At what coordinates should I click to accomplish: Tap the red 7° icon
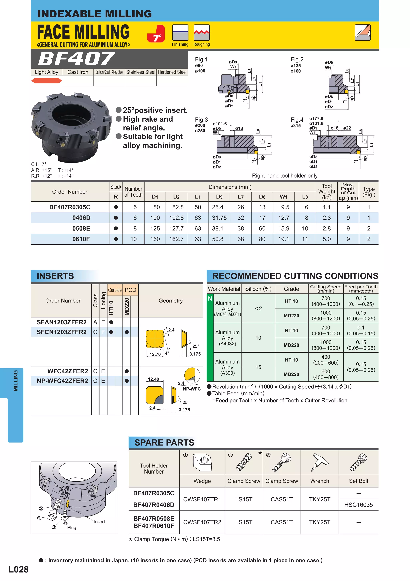pyautogui.click(x=156, y=34)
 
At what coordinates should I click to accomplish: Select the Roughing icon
pyautogui.click(x=202, y=33)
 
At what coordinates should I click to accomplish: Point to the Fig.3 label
pyautogui.click(x=201, y=120)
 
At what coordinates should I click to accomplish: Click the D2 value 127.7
pyautogui.click(x=176, y=228)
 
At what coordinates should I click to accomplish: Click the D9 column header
pyautogui.click(x=219, y=197)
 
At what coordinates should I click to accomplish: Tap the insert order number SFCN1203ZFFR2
pyautogui.click(x=62, y=332)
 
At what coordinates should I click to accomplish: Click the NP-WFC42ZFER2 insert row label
pyautogui.click(x=62, y=381)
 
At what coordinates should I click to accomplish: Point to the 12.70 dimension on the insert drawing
pyautogui.click(x=155, y=354)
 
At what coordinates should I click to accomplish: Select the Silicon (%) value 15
pyautogui.click(x=258, y=367)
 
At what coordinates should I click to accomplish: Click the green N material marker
pyautogui.click(x=210, y=299)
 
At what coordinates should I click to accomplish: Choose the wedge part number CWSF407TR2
pyautogui.click(x=202, y=522)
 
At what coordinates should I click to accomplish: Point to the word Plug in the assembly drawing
pyautogui.click(x=71, y=528)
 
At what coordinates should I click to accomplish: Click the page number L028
pyautogui.click(x=18, y=569)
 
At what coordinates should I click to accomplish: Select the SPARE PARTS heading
pyautogui.click(x=164, y=443)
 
